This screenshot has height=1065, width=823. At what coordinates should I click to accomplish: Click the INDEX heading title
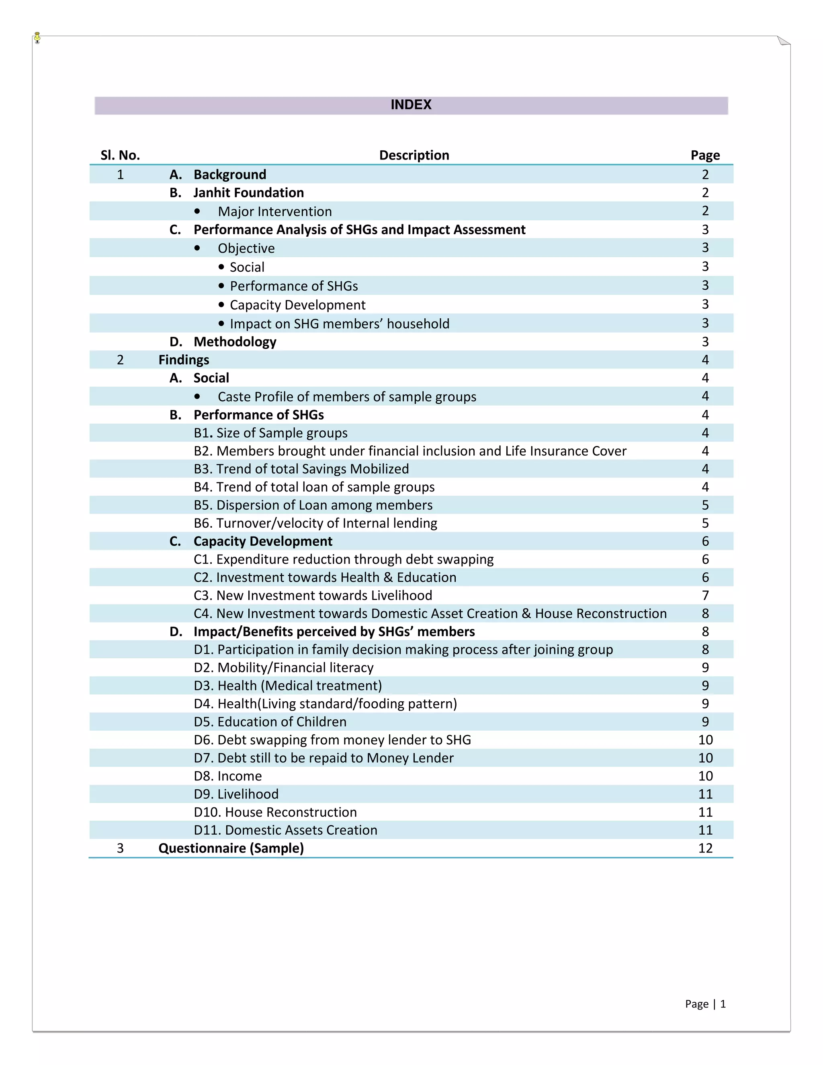(x=411, y=105)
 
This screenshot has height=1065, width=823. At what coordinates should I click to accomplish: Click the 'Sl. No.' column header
(x=120, y=155)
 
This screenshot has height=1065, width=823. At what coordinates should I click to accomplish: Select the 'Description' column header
(x=414, y=155)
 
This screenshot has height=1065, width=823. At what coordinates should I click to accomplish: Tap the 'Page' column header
(x=704, y=155)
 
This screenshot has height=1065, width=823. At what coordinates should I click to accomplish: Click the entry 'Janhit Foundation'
(x=248, y=193)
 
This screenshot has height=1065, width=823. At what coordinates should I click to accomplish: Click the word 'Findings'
(x=184, y=360)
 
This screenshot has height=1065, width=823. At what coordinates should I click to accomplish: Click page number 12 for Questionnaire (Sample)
(x=705, y=848)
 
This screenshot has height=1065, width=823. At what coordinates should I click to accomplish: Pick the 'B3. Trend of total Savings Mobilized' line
(x=301, y=469)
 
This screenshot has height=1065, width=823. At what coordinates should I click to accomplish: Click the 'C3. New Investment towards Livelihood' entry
(x=313, y=596)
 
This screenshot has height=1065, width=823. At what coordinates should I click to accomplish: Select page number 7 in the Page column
(x=705, y=596)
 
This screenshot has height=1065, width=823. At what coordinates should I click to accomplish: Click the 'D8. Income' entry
(x=228, y=776)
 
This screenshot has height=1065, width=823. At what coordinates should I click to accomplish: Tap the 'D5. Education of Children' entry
(x=270, y=722)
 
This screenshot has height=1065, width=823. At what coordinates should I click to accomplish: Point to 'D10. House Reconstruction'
(x=275, y=812)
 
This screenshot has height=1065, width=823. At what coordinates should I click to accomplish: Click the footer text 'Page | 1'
(x=705, y=1004)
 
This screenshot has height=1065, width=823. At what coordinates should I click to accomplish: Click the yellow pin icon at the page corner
(x=37, y=37)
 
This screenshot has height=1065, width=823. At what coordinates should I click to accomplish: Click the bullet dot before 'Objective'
(x=197, y=248)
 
